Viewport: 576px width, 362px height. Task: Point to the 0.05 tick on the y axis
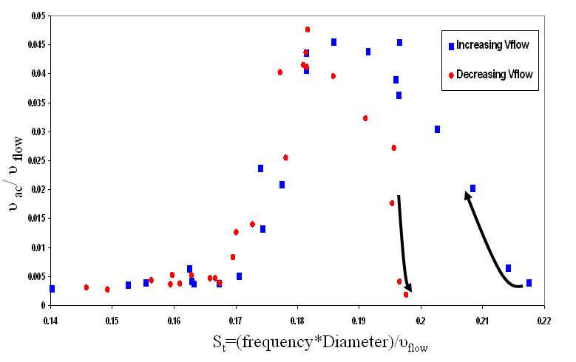(35, 16)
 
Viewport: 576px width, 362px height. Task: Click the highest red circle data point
(308, 30)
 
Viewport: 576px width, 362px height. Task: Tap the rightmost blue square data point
(529, 283)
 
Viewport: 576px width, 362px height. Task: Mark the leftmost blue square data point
(52, 289)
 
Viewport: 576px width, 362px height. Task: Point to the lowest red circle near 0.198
(406, 295)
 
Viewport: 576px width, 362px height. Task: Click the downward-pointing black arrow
(404, 244)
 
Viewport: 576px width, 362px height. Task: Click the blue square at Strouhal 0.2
(437, 129)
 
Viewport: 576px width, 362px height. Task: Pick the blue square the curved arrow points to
(472, 188)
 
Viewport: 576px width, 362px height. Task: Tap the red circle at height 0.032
(365, 118)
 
